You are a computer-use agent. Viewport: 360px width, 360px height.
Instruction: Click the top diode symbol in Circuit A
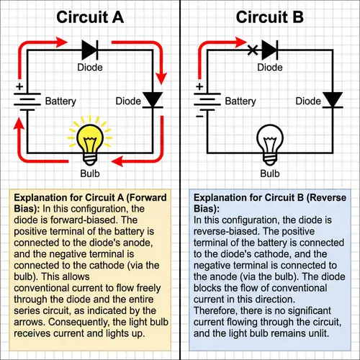coord(89,50)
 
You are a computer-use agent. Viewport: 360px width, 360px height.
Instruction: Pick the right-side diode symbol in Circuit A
coord(151,99)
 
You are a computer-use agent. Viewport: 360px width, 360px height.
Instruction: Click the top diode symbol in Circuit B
coord(269,50)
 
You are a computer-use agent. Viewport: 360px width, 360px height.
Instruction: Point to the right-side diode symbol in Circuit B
coord(332,99)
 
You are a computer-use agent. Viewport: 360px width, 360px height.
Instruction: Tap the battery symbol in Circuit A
coord(26,101)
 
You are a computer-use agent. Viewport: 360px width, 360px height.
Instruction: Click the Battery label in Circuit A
coord(61,102)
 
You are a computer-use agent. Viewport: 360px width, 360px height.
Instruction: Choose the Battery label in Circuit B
coord(241,102)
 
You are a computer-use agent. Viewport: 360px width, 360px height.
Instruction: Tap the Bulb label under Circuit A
coord(89,174)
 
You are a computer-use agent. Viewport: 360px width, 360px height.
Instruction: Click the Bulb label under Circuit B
coord(269,174)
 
